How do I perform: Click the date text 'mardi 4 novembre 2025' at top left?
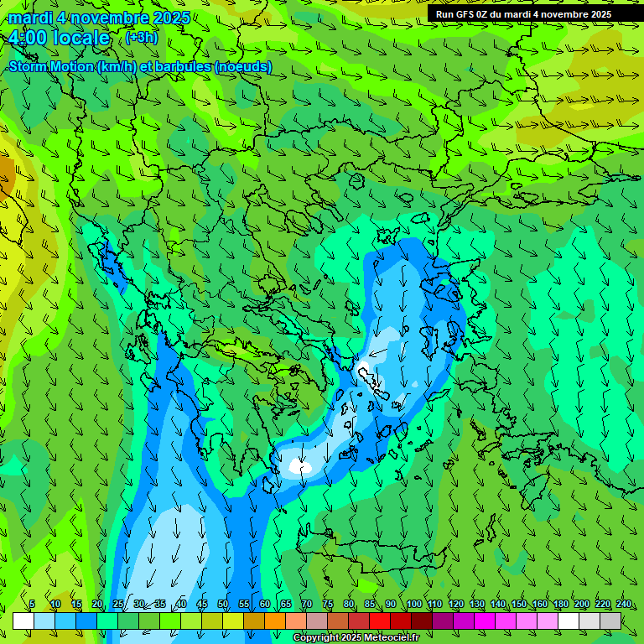click(x=99, y=18)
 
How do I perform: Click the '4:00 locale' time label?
click(x=59, y=38)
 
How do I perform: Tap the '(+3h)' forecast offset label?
click(x=140, y=38)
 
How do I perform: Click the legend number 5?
click(x=32, y=604)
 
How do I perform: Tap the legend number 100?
click(x=414, y=604)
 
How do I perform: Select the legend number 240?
click(x=624, y=604)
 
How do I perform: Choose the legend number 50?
click(x=223, y=604)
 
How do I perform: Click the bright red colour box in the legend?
click(x=380, y=621)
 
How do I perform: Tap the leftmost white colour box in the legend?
click(x=23, y=621)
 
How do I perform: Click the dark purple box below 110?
click(x=443, y=621)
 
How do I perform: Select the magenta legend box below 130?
click(x=485, y=621)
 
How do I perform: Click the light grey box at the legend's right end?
click(x=610, y=621)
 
